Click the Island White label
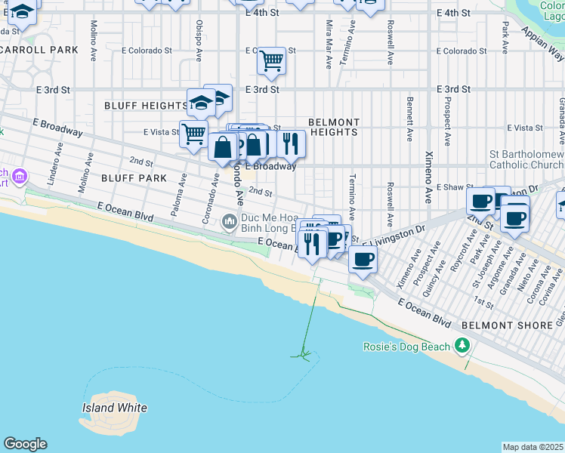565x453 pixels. pos(114,408)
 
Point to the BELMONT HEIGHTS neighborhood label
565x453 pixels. pos(334,127)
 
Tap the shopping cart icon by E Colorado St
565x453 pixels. pos(271,60)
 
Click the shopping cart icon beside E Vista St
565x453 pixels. pos(194,134)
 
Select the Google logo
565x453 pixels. pos(25,444)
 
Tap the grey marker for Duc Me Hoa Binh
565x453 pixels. pos(230,223)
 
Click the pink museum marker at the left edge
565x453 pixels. pos(19,177)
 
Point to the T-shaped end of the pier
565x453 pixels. pos(304,353)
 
